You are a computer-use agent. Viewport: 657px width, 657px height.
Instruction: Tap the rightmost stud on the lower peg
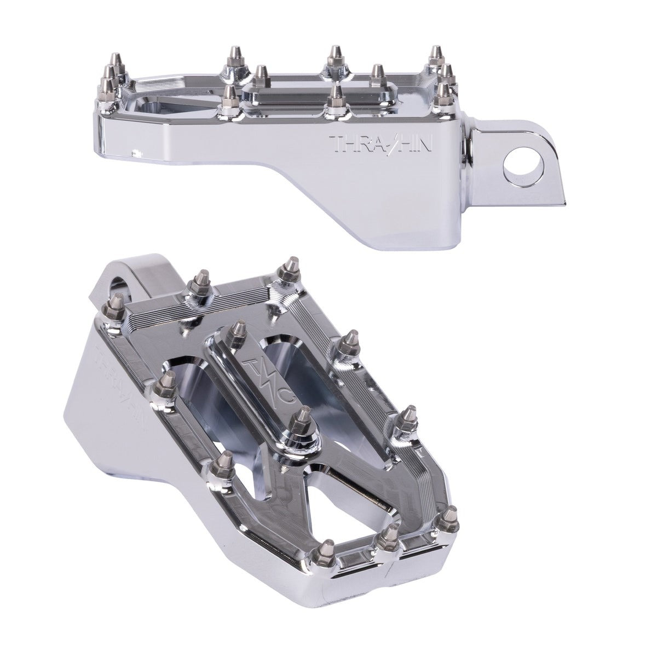pos(449,518)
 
